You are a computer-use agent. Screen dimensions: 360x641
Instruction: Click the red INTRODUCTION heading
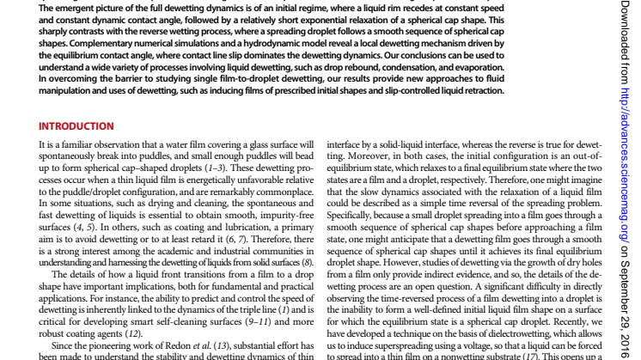[x=77, y=126]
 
